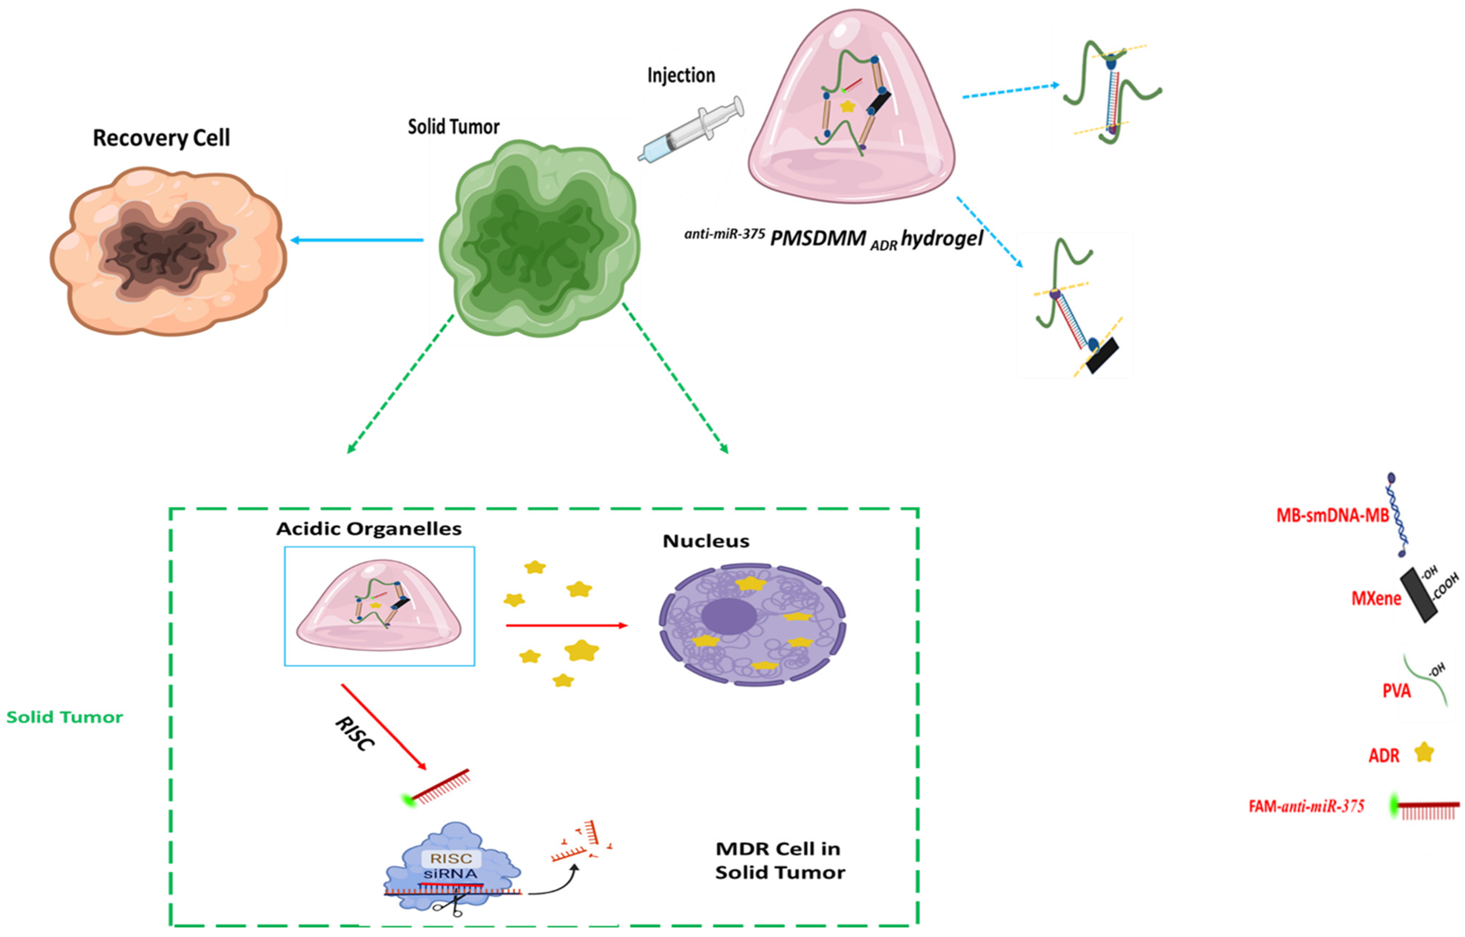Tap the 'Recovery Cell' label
[x=161, y=138]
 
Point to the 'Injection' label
[x=681, y=75]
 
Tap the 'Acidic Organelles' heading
[x=369, y=529]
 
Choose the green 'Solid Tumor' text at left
[x=65, y=717]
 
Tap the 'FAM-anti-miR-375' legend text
[x=1306, y=806]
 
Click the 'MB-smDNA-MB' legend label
[x=1332, y=516]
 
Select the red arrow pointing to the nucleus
[x=566, y=625]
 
